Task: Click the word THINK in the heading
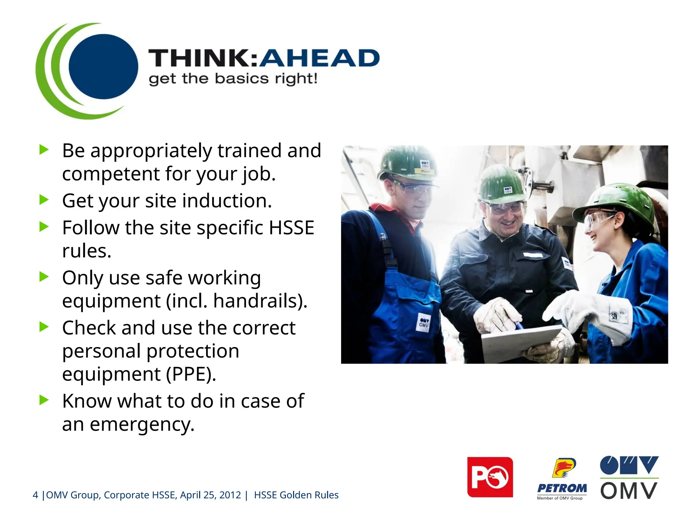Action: (202, 58)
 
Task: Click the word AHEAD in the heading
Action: (320, 58)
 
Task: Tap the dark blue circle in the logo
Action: (103, 66)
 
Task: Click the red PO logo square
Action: (490, 477)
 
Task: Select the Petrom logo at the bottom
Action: (562, 478)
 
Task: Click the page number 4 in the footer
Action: (35, 495)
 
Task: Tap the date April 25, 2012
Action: (210, 495)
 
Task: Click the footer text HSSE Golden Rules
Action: (296, 495)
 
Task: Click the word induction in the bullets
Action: (227, 201)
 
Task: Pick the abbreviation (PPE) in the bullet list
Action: (191, 374)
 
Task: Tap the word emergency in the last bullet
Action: (142, 425)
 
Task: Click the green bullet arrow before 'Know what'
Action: (44, 400)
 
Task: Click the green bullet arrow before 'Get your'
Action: (44, 200)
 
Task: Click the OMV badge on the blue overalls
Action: (424, 323)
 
